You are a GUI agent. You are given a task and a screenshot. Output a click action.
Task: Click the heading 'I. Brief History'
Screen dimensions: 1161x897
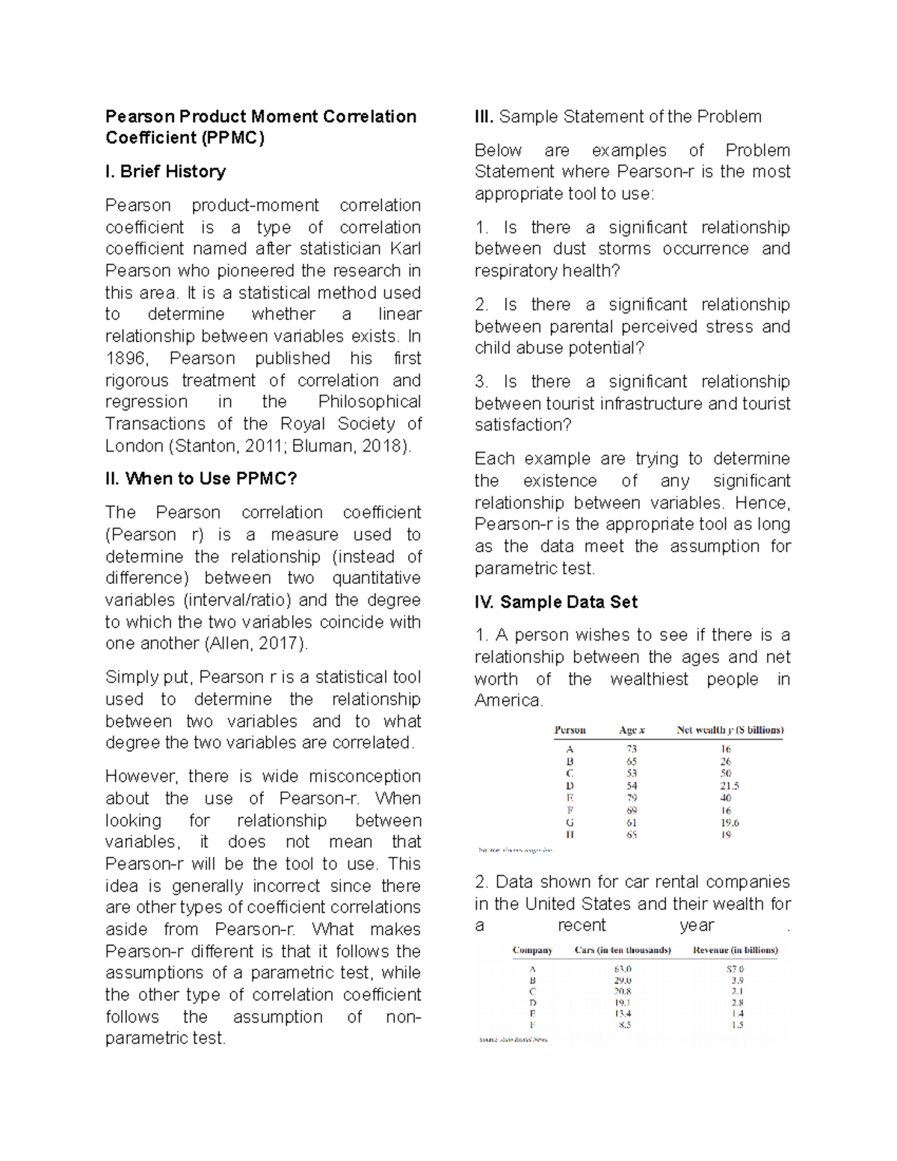pos(165,172)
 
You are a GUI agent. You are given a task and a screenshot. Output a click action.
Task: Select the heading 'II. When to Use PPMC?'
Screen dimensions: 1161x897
pos(201,479)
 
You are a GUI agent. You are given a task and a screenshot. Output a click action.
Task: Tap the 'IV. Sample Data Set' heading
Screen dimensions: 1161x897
pos(555,602)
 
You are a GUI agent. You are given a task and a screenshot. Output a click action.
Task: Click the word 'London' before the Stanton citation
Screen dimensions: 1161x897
pos(134,446)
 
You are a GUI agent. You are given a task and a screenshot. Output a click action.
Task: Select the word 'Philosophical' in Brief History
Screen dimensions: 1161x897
pos(369,402)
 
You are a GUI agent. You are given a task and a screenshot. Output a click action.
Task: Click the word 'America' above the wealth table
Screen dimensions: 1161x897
pos(508,701)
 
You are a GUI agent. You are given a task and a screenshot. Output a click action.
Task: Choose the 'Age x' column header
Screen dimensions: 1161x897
pos(632,730)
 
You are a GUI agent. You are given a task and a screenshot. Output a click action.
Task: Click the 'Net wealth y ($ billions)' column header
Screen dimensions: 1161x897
pos(730,730)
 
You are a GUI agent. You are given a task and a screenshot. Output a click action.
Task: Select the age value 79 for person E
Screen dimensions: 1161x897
pos(632,798)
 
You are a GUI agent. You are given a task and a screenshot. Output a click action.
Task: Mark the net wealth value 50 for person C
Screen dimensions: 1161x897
pos(726,774)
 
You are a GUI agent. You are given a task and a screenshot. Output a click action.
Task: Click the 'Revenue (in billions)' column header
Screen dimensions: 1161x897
pos(736,950)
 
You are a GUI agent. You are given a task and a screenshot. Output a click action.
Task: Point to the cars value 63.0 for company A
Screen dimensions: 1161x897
pos(623,969)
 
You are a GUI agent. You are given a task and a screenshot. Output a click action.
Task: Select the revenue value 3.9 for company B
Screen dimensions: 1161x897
pos(737,980)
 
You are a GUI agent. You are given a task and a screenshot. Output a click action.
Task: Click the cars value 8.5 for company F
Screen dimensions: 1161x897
pos(625,1025)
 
